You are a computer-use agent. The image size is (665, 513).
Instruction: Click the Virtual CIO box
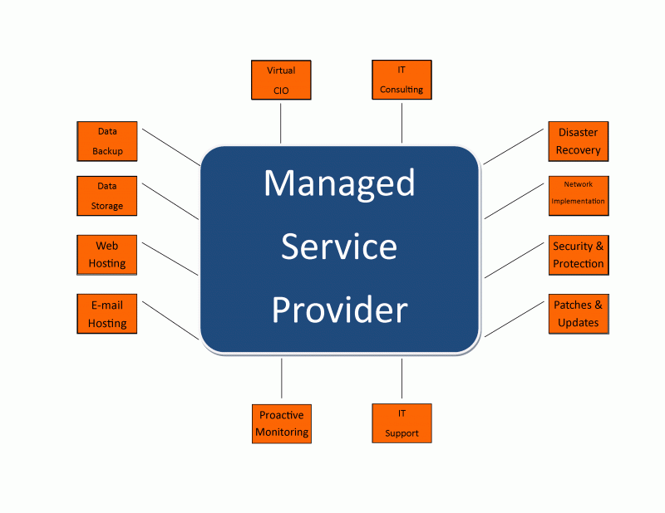(x=281, y=81)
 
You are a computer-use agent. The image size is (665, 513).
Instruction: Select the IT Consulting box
(x=401, y=80)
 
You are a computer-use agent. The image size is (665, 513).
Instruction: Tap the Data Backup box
(x=107, y=141)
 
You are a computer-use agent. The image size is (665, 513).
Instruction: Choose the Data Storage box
(x=107, y=196)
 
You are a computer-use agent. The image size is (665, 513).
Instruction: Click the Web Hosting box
(x=107, y=255)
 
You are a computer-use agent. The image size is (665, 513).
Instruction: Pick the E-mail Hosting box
(x=107, y=314)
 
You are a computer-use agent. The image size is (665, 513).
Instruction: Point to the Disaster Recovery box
(x=579, y=141)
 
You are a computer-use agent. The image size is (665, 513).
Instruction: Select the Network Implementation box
(x=579, y=193)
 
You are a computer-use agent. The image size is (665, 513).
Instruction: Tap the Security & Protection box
(x=579, y=255)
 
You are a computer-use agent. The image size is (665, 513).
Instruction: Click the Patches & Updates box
(x=579, y=314)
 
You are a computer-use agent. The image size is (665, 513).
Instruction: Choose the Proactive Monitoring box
(x=282, y=423)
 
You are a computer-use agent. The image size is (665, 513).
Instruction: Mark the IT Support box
(x=401, y=423)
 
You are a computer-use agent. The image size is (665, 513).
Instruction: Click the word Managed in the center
(x=339, y=183)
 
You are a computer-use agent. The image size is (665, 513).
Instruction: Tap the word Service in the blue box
(x=339, y=247)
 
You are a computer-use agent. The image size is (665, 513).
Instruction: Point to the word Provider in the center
(x=339, y=310)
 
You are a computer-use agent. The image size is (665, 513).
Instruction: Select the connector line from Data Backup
(x=171, y=146)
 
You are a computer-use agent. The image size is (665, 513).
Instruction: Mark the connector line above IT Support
(x=401, y=379)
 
